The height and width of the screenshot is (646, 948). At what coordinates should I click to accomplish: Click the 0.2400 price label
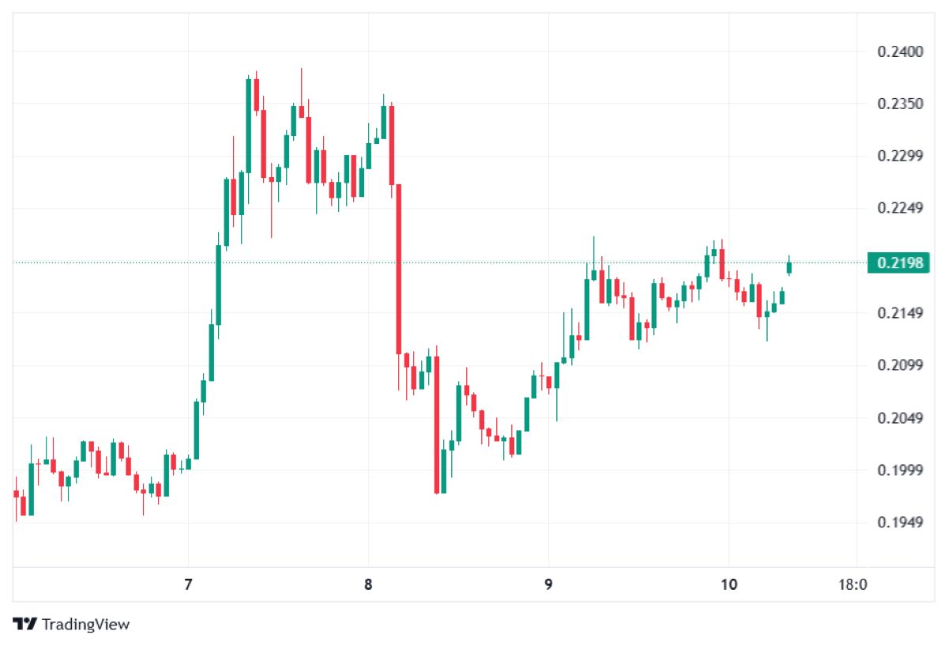(900, 51)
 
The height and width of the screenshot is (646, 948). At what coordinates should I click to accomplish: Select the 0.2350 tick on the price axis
(900, 104)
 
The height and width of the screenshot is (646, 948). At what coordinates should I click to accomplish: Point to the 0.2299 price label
(900, 156)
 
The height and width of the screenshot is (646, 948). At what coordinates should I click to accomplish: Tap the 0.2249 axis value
(900, 208)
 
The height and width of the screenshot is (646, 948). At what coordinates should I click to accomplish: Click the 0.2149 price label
(900, 313)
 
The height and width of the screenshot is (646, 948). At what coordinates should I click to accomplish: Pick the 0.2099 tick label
(900, 365)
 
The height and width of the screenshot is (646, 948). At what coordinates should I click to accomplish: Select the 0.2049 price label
(900, 418)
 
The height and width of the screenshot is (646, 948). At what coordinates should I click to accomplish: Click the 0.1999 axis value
(900, 470)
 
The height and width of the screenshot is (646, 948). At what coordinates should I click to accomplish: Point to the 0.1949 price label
(900, 523)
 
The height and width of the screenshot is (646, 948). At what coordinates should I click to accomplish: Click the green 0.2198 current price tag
(898, 263)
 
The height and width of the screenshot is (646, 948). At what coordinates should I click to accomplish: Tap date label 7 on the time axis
(188, 584)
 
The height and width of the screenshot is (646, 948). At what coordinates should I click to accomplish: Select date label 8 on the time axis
(368, 584)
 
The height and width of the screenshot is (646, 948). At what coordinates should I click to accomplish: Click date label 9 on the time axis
(548, 584)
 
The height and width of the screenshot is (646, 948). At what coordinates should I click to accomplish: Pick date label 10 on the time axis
(728, 584)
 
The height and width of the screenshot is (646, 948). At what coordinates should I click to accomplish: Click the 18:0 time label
(852, 584)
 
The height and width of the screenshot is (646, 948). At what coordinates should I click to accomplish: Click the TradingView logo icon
(24, 624)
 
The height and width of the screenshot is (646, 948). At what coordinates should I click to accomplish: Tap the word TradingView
(85, 624)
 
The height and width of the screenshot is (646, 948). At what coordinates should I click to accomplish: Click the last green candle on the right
(789, 267)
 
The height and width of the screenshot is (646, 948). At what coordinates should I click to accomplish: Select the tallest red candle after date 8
(398, 269)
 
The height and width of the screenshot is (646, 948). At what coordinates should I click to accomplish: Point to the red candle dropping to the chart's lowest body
(436, 425)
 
